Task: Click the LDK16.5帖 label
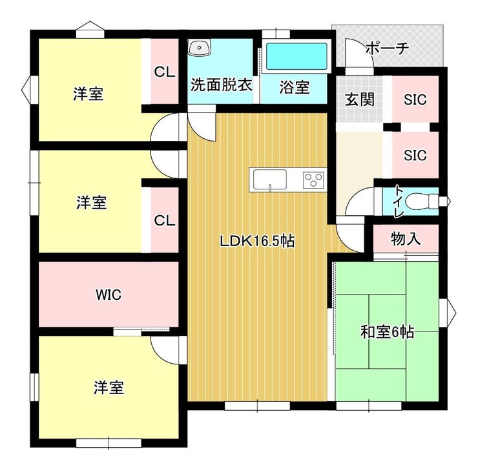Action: pyautogui.click(x=258, y=241)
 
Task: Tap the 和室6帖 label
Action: pyautogui.click(x=387, y=331)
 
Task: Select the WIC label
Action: pyautogui.click(x=109, y=295)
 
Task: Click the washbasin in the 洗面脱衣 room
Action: pyautogui.click(x=200, y=48)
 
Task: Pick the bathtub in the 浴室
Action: pyautogui.click(x=296, y=56)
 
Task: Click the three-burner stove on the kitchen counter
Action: pyautogui.click(x=313, y=180)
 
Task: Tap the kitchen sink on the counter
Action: pyautogui.click(x=270, y=180)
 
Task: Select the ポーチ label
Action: pyautogui.click(x=387, y=48)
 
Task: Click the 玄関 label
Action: pyautogui.click(x=360, y=99)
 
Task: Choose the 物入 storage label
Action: pyautogui.click(x=406, y=238)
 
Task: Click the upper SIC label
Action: pyautogui.click(x=415, y=99)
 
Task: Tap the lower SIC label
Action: pyautogui.click(x=415, y=156)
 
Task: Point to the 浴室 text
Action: pyautogui.click(x=295, y=87)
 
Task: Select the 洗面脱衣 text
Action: pyautogui.click(x=222, y=85)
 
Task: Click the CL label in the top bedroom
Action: pyautogui.click(x=165, y=72)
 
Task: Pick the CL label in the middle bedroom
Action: pyautogui.click(x=165, y=220)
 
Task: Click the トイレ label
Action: pyautogui.click(x=399, y=201)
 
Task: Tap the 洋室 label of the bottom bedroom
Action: pyautogui.click(x=109, y=388)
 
